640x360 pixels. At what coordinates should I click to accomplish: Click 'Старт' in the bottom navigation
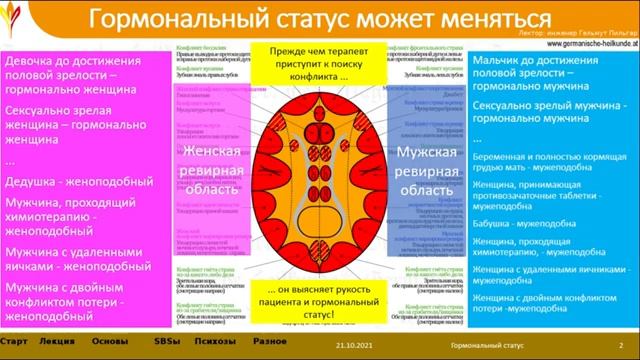[14, 343]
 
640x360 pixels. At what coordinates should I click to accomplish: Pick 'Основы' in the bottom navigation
[110, 343]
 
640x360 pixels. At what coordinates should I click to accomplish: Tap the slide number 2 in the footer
[622, 344]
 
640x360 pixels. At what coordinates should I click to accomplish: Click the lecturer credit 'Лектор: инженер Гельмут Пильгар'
[586, 32]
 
